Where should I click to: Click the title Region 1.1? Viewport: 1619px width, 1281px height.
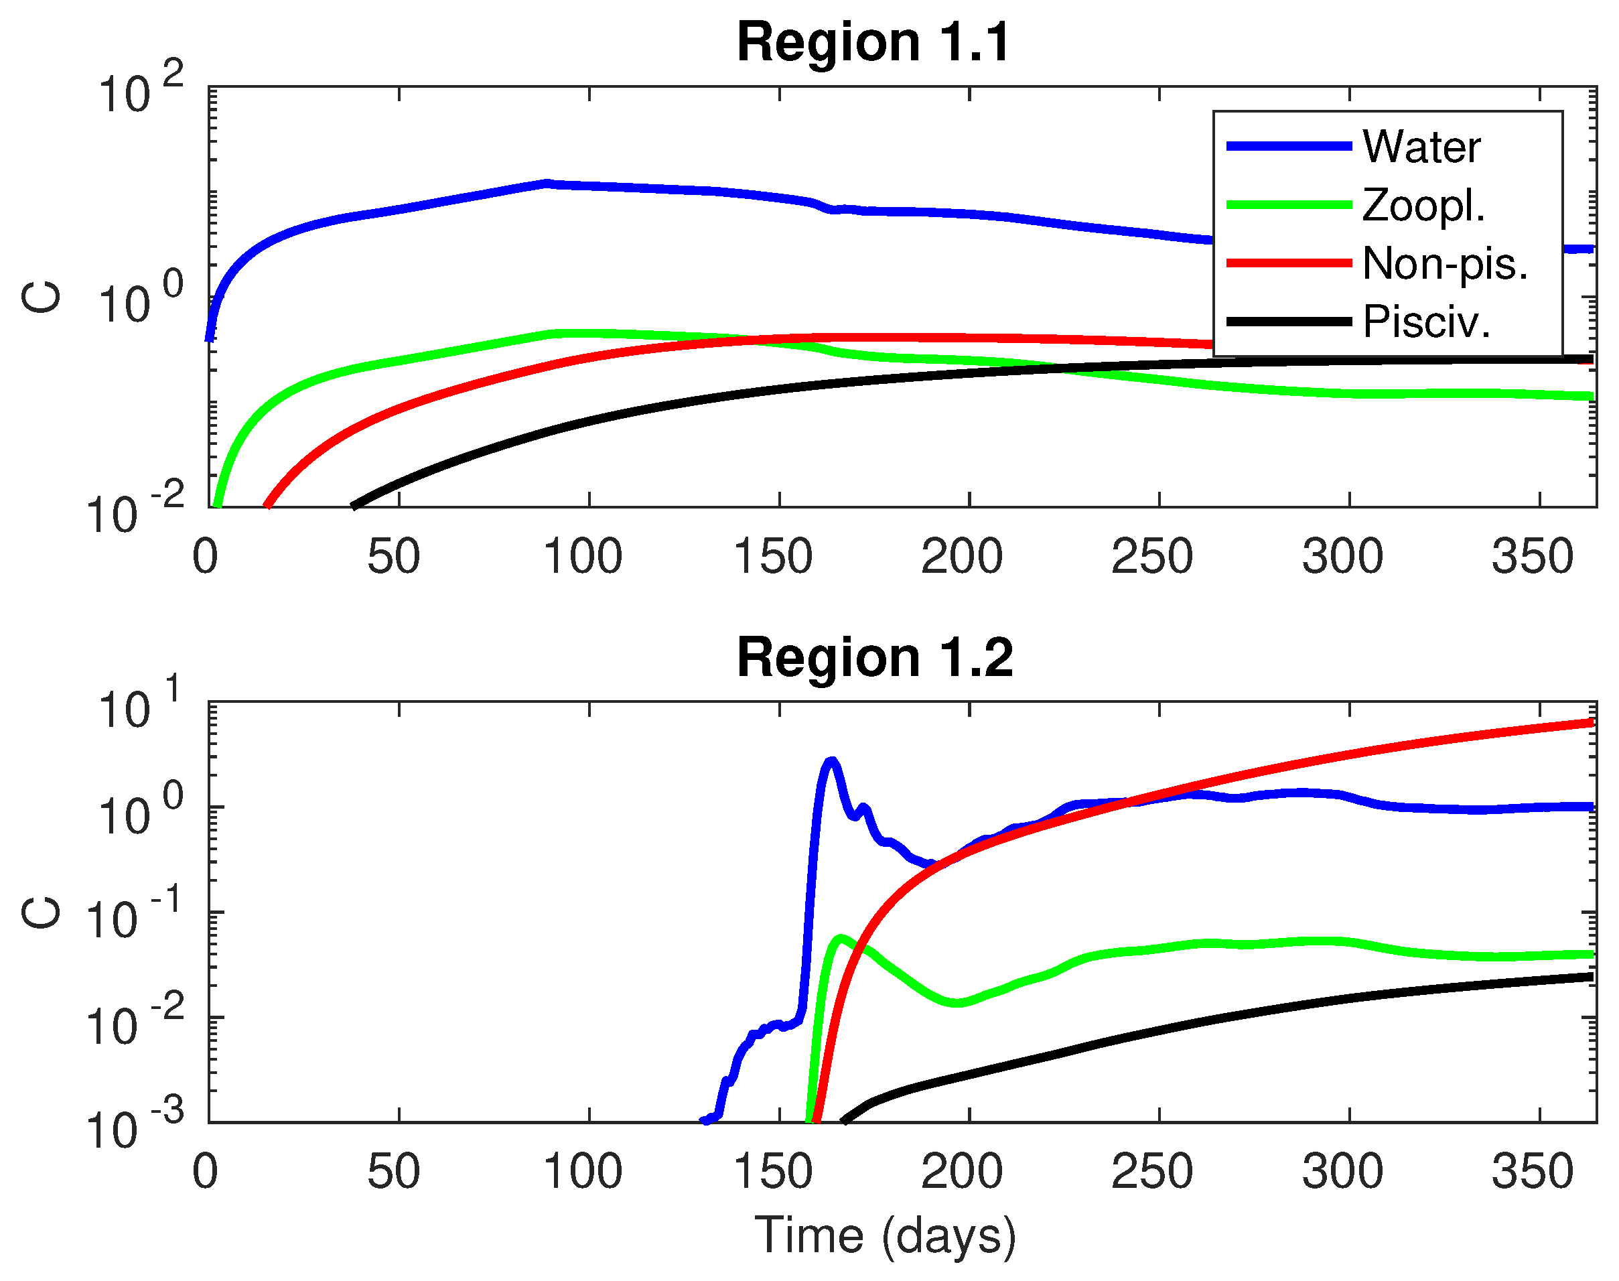click(873, 42)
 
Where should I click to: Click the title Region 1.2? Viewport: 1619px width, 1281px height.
click(874, 658)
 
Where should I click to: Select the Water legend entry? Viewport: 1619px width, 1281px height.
click(1420, 146)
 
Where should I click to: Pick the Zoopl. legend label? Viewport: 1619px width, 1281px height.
click(1423, 205)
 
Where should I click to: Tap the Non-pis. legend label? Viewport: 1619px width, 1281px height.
click(1444, 263)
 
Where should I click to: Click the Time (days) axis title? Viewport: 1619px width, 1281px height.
click(885, 1235)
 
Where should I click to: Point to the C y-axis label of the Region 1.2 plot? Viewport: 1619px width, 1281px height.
click(42, 913)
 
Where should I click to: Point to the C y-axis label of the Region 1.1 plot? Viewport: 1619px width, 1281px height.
click(42, 297)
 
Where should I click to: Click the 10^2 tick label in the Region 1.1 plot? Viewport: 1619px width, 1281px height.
click(139, 92)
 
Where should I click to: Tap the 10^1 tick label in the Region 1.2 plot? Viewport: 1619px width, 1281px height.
click(139, 707)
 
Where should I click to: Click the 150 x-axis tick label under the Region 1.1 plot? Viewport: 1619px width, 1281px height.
click(773, 557)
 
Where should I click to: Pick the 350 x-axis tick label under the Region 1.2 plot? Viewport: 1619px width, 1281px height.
click(1533, 1172)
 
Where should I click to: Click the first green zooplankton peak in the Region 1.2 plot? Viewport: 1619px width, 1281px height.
click(841, 937)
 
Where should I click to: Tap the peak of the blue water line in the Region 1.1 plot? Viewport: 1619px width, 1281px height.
click(547, 183)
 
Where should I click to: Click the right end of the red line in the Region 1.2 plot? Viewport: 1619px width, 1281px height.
click(1590, 722)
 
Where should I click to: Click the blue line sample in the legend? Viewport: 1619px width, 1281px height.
click(1288, 146)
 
